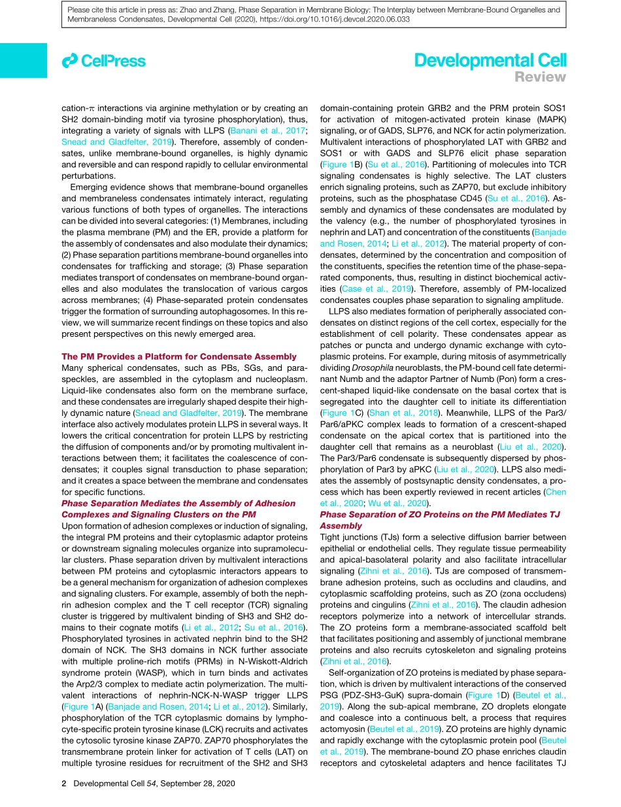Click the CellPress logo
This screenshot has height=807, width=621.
(x=103, y=61)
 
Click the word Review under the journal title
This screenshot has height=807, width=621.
(x=540, y=77)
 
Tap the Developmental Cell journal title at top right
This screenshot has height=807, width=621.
(x=490, y=61)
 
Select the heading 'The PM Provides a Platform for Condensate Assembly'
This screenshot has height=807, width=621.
(x=178, y=356)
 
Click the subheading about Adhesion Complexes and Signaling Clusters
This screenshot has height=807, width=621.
(x=178, y=508)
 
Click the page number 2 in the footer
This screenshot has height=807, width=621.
(x=63, y=783)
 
